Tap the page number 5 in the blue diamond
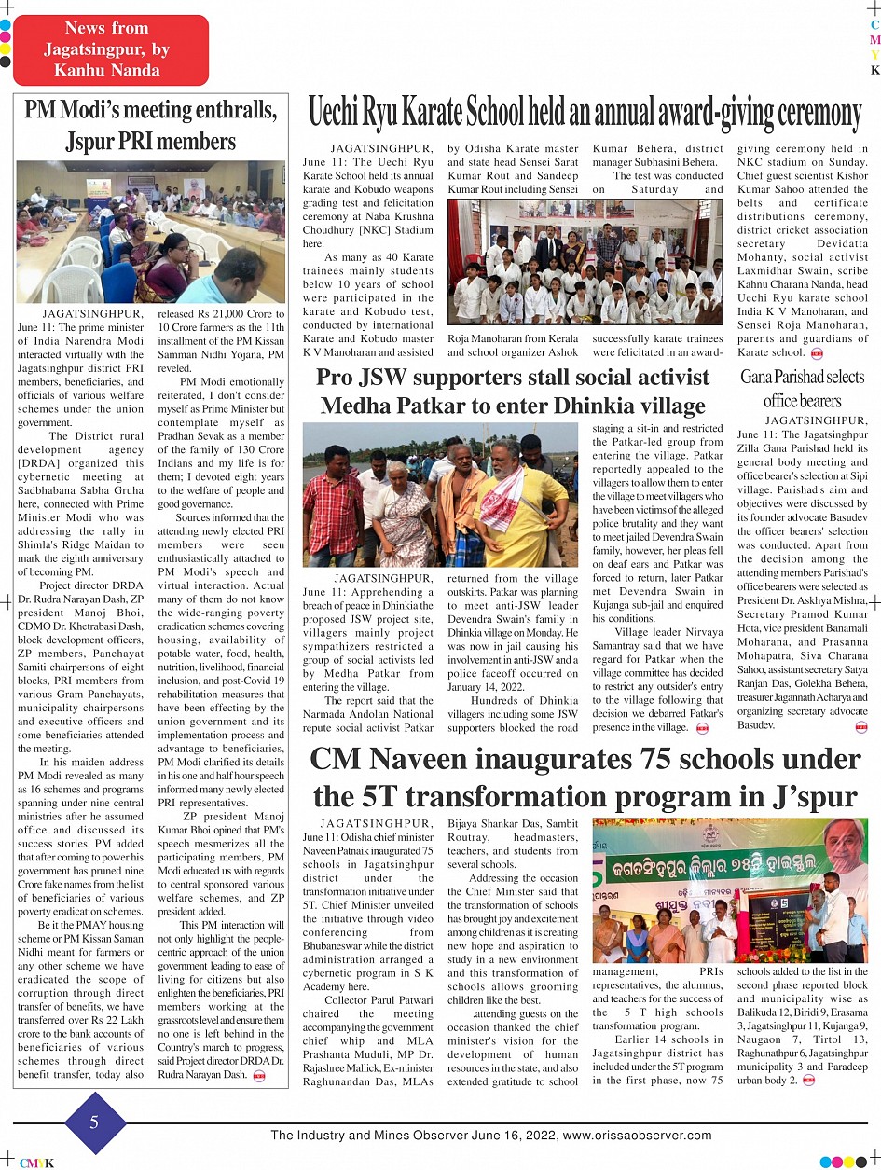pos(94,1122)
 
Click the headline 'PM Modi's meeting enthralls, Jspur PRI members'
pos(150,126)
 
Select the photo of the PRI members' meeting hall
pos(150,232)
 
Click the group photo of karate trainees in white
pos(585,262)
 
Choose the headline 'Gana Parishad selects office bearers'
pos(802,389)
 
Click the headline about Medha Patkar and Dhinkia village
pos(513,392)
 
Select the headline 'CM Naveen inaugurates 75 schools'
pos(585,778)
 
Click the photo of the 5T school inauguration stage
pos(730,890)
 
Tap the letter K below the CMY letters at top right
pos(874,70)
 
